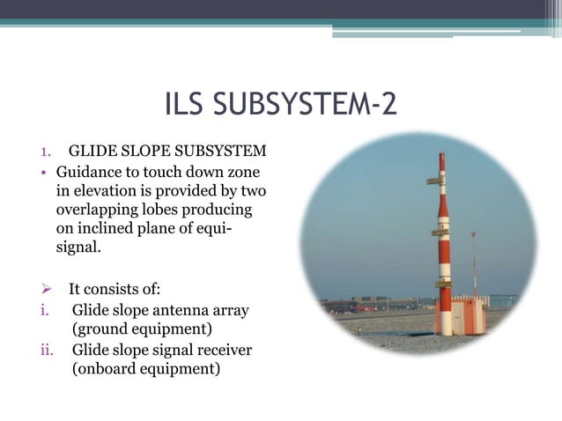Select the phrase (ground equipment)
142,329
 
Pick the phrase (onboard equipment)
145,369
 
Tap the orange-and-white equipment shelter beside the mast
466,315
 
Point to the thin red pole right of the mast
473,264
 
